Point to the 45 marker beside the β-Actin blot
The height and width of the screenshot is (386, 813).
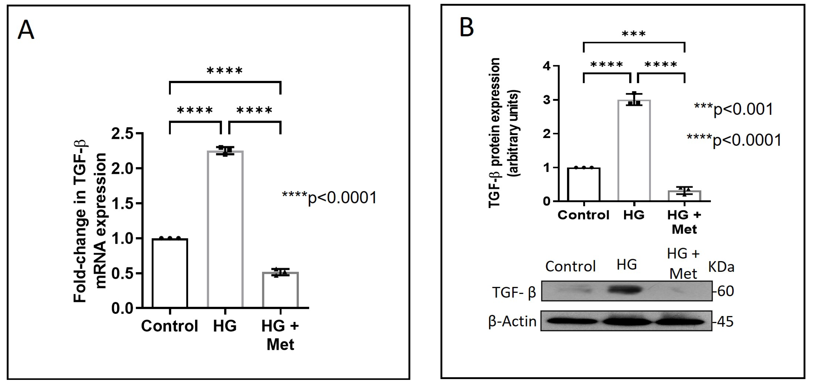coord(725,322)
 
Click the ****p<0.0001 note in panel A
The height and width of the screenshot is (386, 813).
coord(329,198)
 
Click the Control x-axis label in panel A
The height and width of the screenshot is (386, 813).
coord(169,326)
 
